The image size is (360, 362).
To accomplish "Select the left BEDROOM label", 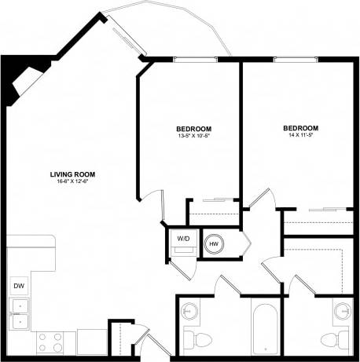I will pyautogui.click(x=193, y=128).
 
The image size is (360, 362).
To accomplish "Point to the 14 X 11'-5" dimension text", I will pyautogui.click(x=300, y=135).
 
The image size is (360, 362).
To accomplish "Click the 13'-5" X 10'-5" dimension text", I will pyautogui.click(x=193, y=135).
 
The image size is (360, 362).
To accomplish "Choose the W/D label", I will pyautogui.click(x=182, y=237).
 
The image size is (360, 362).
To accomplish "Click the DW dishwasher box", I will pyautogui.click(x=17, y=287).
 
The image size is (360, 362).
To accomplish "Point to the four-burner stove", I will pyautogui.click(x=51, y=342).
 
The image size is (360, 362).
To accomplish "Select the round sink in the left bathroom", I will pyautogui.click(x=189, y=312).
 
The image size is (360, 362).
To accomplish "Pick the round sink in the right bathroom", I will pyautogui.click(x=342, y=312).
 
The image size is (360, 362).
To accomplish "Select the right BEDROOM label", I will pyautogui.click(x=300, y=128).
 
